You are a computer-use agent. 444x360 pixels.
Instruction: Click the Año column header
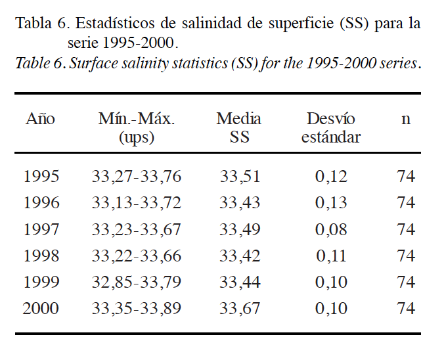pos(40,119)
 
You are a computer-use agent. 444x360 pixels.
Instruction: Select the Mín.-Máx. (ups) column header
pos(136,128)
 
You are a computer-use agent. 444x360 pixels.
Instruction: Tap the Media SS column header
pos(239,128)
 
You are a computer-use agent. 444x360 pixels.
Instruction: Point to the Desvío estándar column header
pos(331,128)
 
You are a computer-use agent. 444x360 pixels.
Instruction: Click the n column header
pos(406,119)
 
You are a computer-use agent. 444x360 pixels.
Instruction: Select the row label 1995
pos(41,177)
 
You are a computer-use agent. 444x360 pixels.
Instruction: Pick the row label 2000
pos(41,309)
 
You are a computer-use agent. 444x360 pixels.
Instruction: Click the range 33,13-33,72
pos(137,203)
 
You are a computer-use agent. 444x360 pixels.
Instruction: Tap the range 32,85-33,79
pos(137,282)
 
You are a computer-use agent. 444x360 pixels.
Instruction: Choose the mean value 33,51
pos(240,177)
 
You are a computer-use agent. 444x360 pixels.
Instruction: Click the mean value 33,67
pos(240,309)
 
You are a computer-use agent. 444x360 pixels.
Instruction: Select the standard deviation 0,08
pos(331,230)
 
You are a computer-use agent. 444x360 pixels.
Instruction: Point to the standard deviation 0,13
pos(331,203)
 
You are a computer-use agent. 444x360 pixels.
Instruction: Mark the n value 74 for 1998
pos(406,256)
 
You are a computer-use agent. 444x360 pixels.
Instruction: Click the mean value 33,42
pos(240,256)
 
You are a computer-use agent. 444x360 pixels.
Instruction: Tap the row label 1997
pos(41,230)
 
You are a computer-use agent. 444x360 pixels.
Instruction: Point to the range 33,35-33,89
pos(137,309)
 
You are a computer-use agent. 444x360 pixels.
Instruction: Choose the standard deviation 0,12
pos(331,177)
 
